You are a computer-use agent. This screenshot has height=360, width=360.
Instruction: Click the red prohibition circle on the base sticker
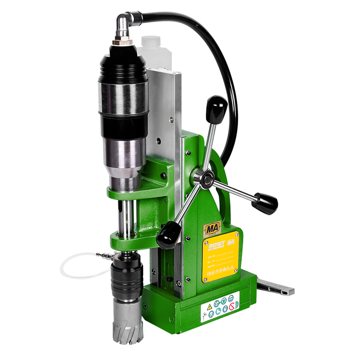[x=232, y=306]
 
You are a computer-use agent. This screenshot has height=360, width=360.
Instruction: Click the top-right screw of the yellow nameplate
[x=237, y=234]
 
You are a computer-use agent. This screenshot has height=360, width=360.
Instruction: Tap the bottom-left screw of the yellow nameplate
[x=205, y=280]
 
